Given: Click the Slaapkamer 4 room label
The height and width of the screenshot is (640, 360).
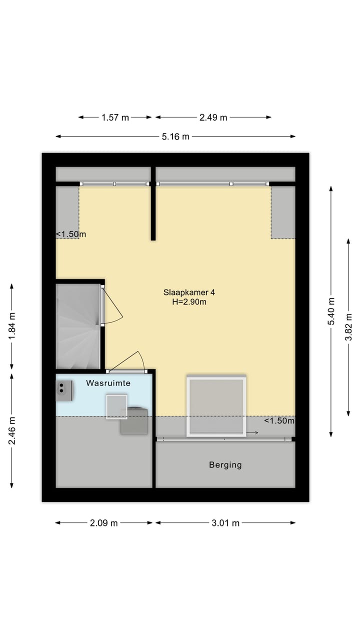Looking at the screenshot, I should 185,292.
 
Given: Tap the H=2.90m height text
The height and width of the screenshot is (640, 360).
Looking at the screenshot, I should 185,301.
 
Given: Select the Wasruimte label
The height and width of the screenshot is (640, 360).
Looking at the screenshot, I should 108,383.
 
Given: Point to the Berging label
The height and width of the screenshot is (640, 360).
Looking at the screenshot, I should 225,465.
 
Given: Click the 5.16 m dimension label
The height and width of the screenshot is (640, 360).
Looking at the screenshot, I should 175,136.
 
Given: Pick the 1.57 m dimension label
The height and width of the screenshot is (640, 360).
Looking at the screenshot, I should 115,117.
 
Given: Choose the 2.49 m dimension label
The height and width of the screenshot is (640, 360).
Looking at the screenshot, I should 213,117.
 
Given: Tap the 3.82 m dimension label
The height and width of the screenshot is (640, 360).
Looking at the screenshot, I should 349,327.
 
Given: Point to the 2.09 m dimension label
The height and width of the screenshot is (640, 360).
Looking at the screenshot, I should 104,523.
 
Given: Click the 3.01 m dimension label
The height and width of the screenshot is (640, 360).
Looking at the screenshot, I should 225,523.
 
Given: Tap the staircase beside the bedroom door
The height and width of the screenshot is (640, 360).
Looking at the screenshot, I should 77,325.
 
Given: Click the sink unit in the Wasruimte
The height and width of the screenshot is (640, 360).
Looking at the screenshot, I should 64,390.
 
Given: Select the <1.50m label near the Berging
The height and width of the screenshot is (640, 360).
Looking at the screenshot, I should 279,420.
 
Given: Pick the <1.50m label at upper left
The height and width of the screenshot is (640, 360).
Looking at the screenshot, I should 70,234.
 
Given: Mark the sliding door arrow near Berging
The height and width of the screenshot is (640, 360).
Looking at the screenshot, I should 252,433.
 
